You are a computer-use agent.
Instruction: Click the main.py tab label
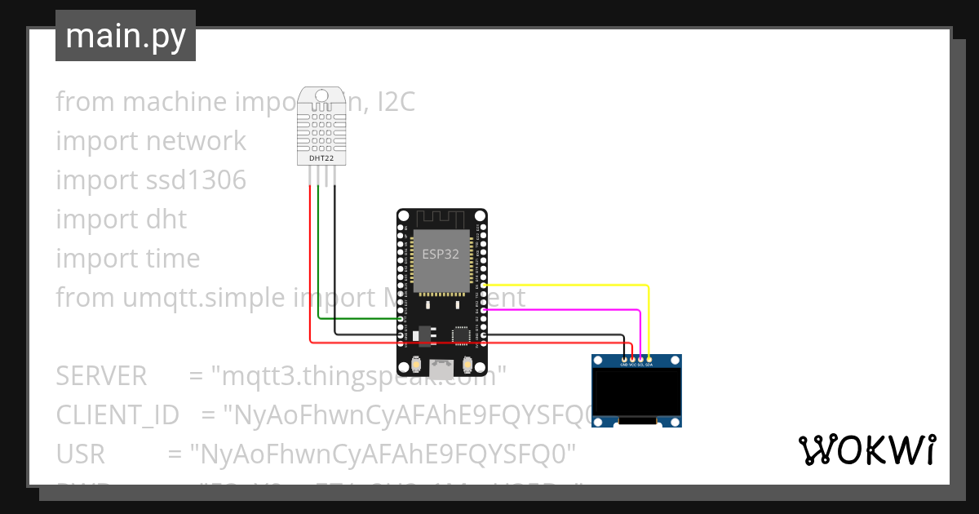[125, 37]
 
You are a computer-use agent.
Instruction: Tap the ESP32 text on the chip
[440, 254]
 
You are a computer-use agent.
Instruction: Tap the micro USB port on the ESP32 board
[441, 367]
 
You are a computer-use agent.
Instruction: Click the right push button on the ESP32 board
[467, 363]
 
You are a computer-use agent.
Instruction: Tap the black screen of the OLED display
[636, 392]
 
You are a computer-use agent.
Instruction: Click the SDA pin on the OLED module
[649, 359]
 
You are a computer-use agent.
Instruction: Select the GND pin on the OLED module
[624, 359]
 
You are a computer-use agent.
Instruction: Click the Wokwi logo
[866, 450]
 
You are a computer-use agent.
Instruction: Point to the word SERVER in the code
[101, 376]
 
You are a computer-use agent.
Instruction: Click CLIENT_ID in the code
[117, 415]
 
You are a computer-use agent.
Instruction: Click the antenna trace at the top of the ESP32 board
[441, 219]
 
